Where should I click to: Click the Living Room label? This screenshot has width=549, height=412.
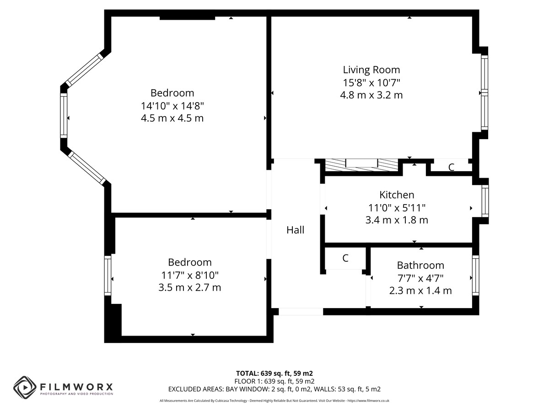pyautogui.click(x=371, y=70)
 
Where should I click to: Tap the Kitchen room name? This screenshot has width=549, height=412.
pyautogui.click(x=397, y=195)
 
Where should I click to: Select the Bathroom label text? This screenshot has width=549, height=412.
pyautogui.click(x=420, y=265)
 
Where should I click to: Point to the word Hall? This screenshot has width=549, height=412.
pyautogui.click(x=295, y=230)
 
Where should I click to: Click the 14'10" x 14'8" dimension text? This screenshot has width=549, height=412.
pyautogui.click(x=172, y=106)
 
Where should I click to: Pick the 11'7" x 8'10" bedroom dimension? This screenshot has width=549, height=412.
pyautogui.click(x=190, y=275)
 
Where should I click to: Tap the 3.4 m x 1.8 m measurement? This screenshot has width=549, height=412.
pyautogui.click(x=397, y=220)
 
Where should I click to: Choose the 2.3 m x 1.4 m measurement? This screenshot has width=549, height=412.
pyautogui.click(x=420, y=290)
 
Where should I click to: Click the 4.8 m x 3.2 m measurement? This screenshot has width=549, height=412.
pyautogui.click(x=371, y=95)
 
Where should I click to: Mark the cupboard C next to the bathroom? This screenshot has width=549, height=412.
pyautogui.click(x=345, y=258)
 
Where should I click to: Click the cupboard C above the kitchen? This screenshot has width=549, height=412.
pyautogui.click(x=451, y=168)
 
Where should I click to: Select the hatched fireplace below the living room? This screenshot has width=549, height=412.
pyautogui.click(x=361, y=165)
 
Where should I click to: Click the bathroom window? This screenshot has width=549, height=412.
pyautogui.click(x=475, y=275)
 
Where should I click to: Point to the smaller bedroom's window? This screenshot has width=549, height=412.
pyautogui.click(x=108, y=276)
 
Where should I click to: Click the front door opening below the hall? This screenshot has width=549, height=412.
pyautogui.click(x=301, y=311)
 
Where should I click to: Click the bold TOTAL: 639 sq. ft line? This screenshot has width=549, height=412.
pyautogui.click(x=274, y=373)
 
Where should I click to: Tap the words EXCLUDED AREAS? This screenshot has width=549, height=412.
pyautogui.click(x=196, y=389)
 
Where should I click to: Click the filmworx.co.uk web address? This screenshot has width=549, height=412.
pyautogui.click(x=368, y=401)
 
